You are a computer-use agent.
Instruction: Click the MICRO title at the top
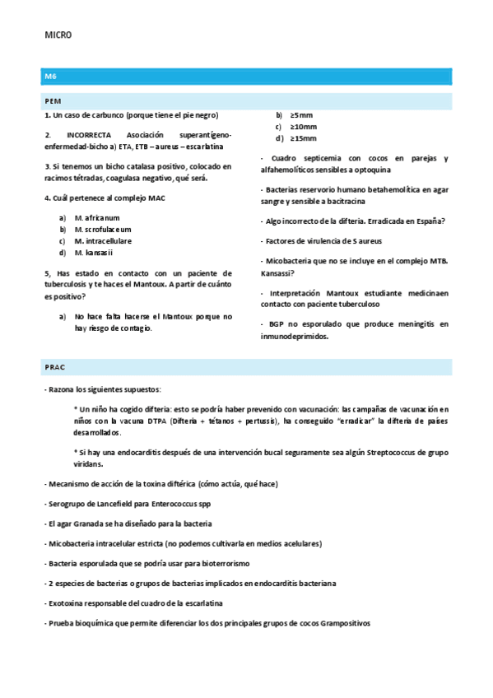point(58,35)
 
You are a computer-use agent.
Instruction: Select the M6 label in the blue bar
point(50,76)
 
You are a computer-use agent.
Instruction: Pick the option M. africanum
point(96,217)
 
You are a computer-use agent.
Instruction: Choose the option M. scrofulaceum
point(102,229)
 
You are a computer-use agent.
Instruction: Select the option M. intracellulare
point(102,241)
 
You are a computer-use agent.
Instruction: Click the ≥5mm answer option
point(301,114)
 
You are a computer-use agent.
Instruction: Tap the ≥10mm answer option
point(303,126)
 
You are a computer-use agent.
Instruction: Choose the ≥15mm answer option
point(303,137)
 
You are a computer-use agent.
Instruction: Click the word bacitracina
point(364,202)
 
